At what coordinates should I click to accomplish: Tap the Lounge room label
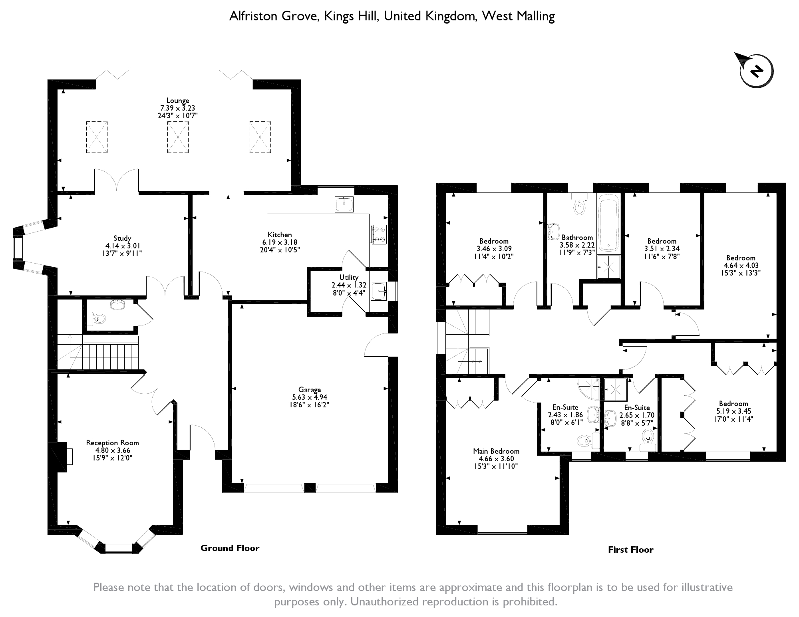pos(178,101)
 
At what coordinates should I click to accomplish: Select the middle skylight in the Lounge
pos(178,137)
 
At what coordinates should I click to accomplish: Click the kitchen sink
pos(344,204)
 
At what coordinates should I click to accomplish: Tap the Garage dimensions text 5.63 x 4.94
pos(310,397)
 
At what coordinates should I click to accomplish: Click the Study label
pos(122,238)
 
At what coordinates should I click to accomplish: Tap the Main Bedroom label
pos(496,451)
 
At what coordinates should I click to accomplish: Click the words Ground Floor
pos(230,548)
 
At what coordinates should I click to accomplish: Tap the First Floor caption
pos(630,550)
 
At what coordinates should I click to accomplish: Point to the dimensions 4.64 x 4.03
pos(741,265)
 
